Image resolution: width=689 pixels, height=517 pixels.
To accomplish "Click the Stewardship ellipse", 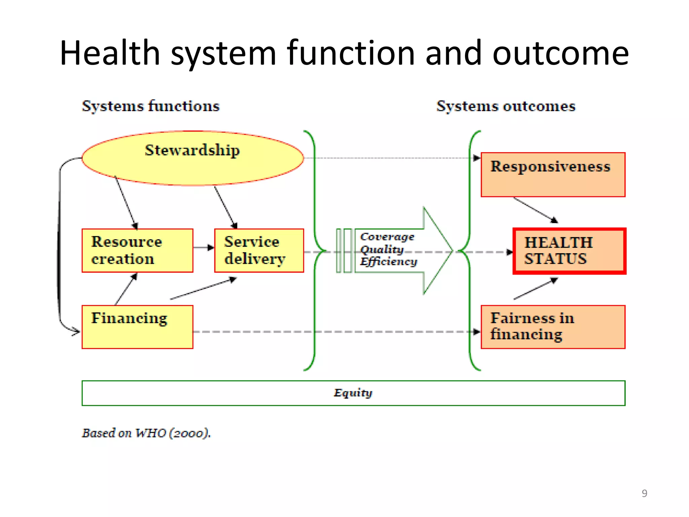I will click(192, 158).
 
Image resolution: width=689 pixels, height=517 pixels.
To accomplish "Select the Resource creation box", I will click(137, 250).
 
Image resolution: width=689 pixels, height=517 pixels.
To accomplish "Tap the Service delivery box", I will click(259, 250).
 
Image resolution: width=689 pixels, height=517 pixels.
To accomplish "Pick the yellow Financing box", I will click(137, 327).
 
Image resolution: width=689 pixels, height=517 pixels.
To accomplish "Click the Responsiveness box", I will click(553, 174).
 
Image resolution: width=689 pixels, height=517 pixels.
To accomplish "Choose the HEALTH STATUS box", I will click(569, 251).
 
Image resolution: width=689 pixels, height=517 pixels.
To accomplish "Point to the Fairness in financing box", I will click(553, 327).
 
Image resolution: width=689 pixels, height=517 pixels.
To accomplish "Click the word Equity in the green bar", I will click(353, 393).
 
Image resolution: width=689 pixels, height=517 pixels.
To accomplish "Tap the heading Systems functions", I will click(151, 106).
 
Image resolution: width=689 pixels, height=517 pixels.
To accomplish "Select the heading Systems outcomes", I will click(506, 106).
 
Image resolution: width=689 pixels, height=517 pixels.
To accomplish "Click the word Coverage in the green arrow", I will click(387, 237).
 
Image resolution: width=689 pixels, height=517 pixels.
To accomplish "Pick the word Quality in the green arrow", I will click(382, 249).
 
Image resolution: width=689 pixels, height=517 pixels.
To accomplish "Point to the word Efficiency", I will click(389, 262).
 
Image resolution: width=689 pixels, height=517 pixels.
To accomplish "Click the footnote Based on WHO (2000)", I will click(146, 433).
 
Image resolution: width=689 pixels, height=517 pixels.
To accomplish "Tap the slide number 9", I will click(644, 493).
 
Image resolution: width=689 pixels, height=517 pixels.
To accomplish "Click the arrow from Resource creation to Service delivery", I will click(204, 248).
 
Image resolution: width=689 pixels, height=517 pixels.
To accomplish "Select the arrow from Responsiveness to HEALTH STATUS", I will click(535, 210).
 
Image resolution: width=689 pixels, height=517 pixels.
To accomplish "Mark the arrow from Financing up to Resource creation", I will click(126, 289).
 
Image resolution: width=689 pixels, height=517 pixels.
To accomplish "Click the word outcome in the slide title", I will click(560, 53).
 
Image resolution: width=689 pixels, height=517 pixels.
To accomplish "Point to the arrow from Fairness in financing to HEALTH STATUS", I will click(535, 288).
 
